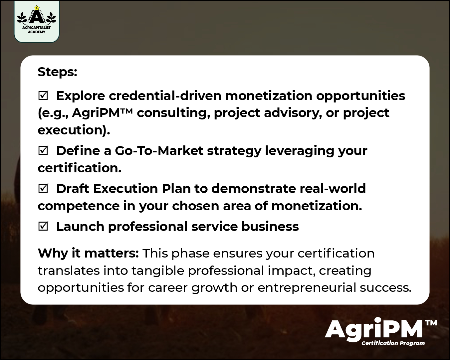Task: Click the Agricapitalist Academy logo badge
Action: pos(37,21)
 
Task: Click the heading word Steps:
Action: pos(57,72)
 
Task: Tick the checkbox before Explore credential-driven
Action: pos(43,96)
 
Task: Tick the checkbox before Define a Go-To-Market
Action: pos(43,151)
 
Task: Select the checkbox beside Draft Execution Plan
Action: pos(43,189)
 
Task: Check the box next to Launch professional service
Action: pos(43,227)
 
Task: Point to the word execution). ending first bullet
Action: pos(74,130)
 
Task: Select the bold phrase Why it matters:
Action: pos(88,254)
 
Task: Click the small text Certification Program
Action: pos(393,343)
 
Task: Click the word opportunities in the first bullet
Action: pos(360,96)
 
